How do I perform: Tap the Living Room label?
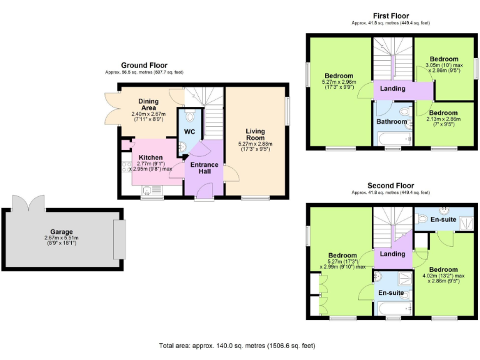[256, 134]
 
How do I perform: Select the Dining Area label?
[148, 104]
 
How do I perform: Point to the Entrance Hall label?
[204, 167]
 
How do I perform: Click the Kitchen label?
[151, 157]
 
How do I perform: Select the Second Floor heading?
[391, 186]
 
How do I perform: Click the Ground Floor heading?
[144, 65]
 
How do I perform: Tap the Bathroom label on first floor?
[391, 122]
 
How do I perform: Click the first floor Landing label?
[392, 89]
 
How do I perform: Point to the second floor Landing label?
[392, 254]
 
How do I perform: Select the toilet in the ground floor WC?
[191, 117]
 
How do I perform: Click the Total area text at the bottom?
[238, 345]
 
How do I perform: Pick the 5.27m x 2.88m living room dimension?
[256, 144]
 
